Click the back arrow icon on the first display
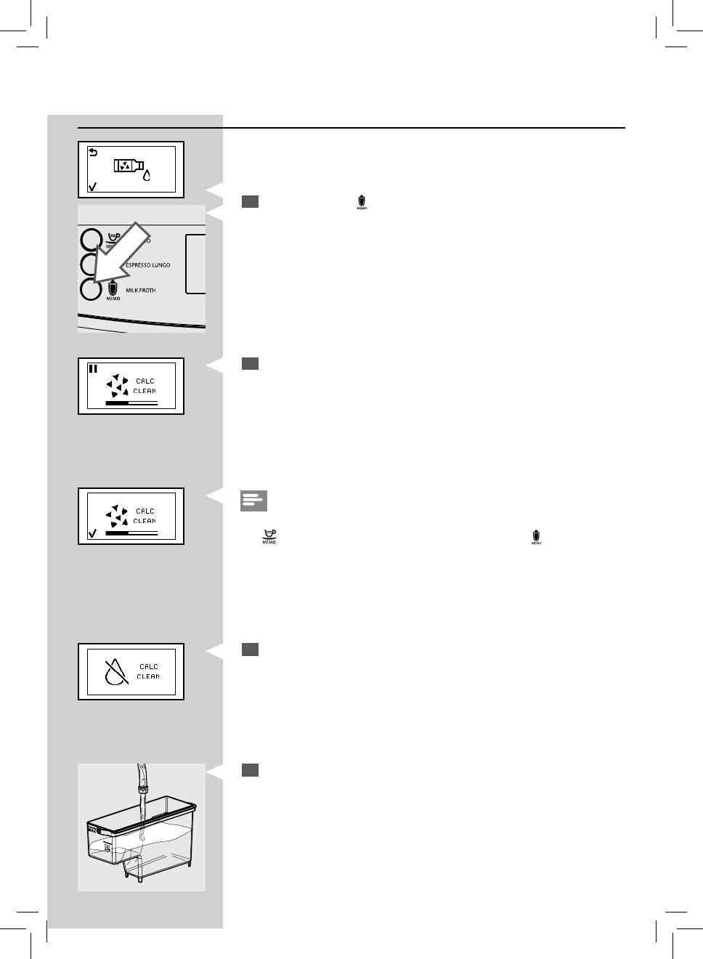point(92,153)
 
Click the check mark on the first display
point(92,187)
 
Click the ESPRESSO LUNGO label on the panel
point(148,265)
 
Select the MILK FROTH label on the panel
point(141,291)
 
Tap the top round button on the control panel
point(91,240)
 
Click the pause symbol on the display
point(92,368)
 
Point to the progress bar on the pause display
point(131,402)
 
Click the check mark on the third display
point(92,534)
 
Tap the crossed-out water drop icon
point(115,671)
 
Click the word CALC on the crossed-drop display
point(148,666)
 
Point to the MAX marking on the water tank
point(92,828)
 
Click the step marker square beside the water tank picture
point(250,769)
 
